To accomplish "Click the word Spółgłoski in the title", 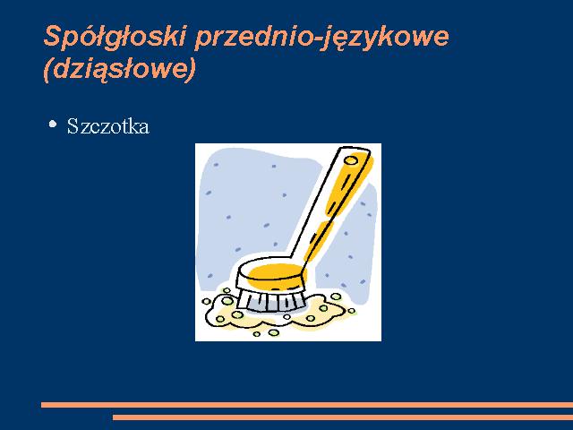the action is [115, 37].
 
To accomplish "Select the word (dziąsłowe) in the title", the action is [119, 70].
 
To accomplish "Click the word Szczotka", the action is [108, 126].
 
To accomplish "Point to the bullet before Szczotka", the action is [53, 124].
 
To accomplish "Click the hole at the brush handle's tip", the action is [351, 160].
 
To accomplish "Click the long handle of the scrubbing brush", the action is [330, 205].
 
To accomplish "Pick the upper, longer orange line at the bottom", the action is [307, 405].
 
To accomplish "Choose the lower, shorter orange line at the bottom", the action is [343, 417].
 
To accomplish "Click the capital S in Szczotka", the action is [73, 126].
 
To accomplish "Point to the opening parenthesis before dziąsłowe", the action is [47, 70].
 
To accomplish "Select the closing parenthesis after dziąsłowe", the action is [192, 70].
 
